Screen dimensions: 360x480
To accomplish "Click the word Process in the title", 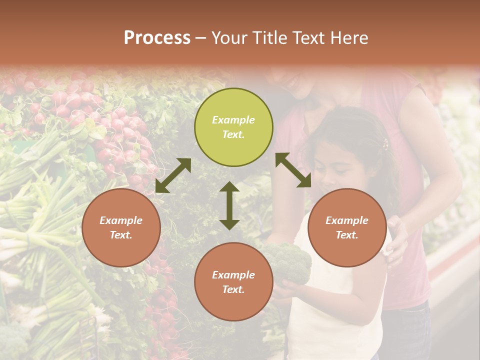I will click(157, 38).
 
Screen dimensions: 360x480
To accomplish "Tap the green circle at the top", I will click(233, 127).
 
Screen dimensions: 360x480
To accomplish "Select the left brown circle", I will click(121, 227).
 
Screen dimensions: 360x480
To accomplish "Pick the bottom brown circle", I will click(233, 282).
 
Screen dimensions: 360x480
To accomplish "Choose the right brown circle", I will click(347, 227).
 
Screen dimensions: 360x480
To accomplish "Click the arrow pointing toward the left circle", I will click(173, 175).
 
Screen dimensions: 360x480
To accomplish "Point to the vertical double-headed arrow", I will click(229, 205).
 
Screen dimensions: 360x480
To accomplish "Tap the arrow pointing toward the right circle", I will click(293, 170).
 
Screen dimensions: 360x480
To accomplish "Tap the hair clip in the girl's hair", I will click(385, 145).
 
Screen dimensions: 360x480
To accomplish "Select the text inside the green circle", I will click(233, 127).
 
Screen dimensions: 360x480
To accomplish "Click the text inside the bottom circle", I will click(233, 282).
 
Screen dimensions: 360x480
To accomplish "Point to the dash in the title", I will click(201, 38).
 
